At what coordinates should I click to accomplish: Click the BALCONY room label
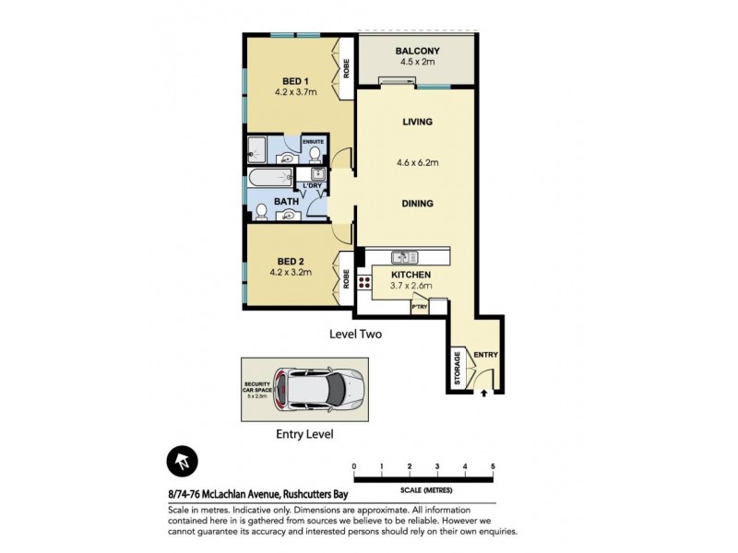[x=417, y=51]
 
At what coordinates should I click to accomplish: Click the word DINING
[x=417, y=204]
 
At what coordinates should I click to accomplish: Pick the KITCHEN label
[x=411, y=275]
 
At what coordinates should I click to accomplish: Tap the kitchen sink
[x=402, y=257]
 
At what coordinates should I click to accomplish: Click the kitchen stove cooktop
[x=364, y=283]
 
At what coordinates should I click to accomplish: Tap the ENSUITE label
[x=313, y=142]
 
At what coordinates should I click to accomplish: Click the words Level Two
[x=355, y=335]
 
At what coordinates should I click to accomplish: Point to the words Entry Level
[x=304, y=433]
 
